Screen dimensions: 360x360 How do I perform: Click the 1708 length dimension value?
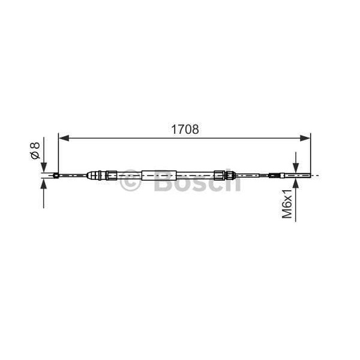pyautogui.click(x=184, y=129)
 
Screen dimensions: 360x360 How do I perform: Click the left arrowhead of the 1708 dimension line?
pyautogui.click(x=62, y=139)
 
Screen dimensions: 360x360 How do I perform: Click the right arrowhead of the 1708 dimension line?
pyautogui.click(x=307, y=139)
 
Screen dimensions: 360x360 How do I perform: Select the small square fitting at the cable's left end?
pyautogui.click(x=56, y=176)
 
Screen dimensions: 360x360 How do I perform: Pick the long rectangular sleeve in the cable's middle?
pyautogui.click(x=160, y=176)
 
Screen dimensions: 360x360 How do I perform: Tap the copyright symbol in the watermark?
pyautogui.click(x=130, y=183)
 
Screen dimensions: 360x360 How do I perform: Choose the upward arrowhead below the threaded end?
pyautogui.click(x=295, y=183)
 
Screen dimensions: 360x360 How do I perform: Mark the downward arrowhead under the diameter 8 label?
pyautogui.click(x=43, y=168)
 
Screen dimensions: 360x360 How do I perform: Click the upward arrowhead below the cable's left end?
pyautogui.click(x=43, y=183)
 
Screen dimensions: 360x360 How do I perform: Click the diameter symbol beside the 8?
pyautogui.click(x=35, y=155)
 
